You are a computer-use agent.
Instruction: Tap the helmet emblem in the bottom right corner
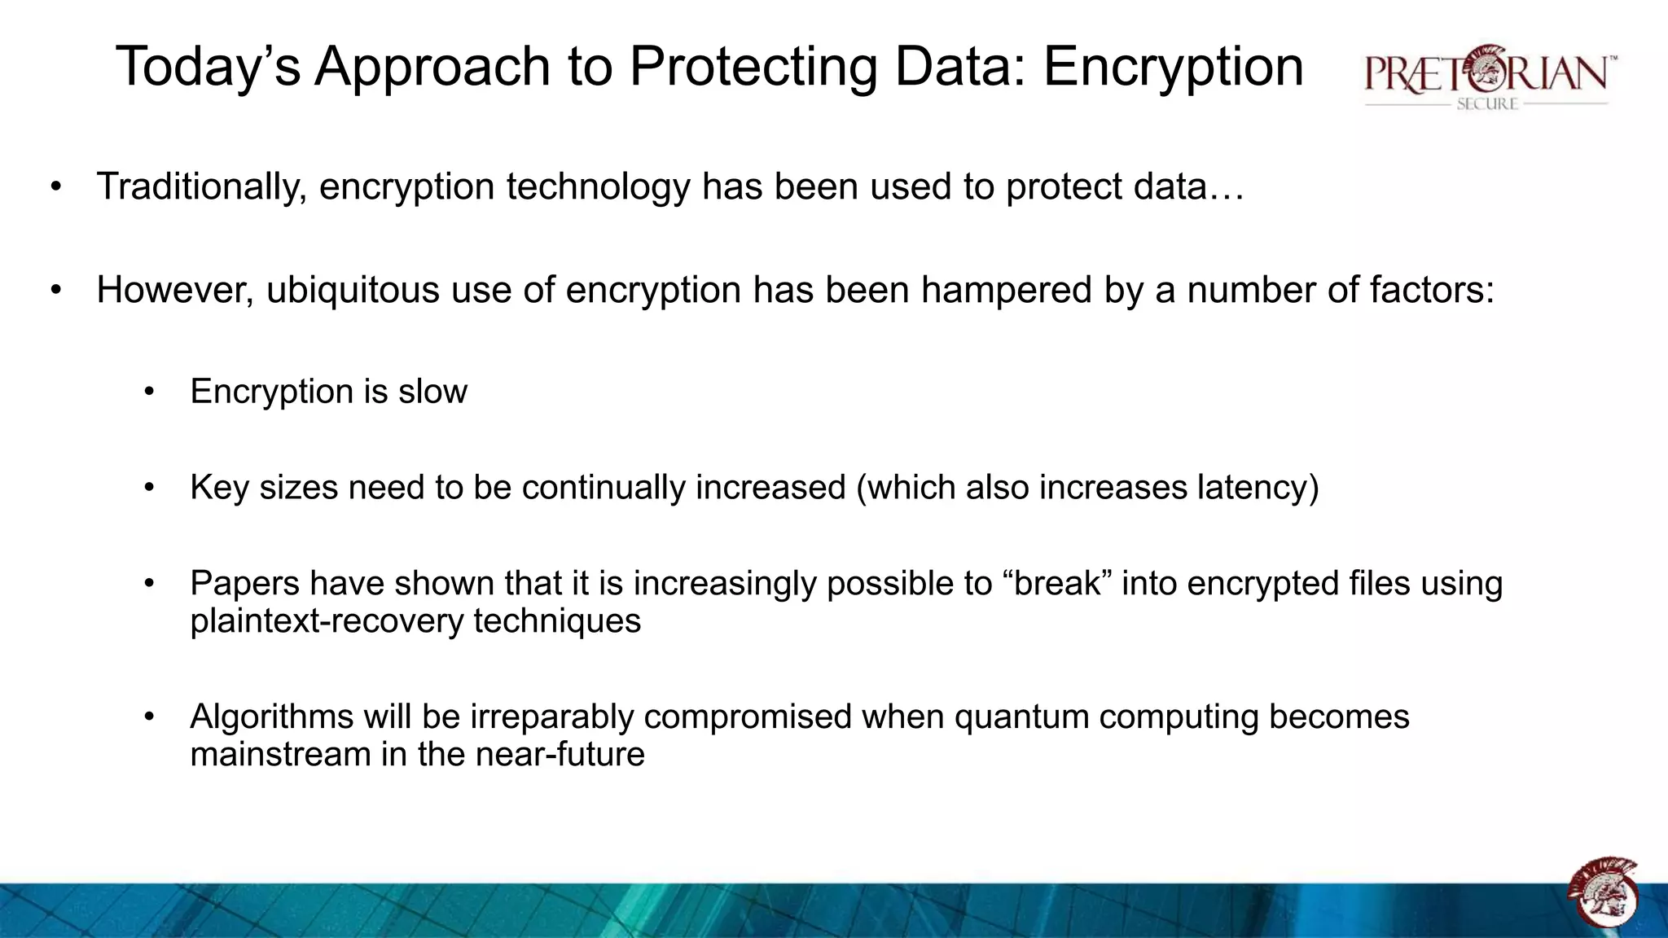(1603, 892)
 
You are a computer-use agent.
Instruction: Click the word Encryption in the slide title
(1173, 67)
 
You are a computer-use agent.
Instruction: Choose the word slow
(432, 392)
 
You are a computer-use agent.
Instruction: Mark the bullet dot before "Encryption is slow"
(149, 392)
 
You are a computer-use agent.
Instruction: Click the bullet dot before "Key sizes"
(149, 489)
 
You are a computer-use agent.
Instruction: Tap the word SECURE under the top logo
(1487, 104)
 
